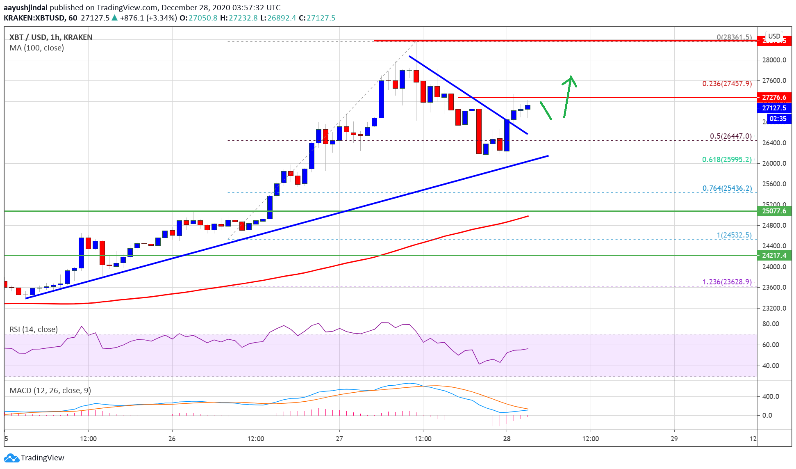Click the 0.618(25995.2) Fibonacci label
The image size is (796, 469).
pyautogui.click(x=727, y=160)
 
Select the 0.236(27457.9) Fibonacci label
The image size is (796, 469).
pyautogui.click(x=727, y=84)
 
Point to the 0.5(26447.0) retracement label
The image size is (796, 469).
pyautogui.click(x=730, y=136)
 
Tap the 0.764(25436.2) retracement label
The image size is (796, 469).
pyautogui.click(x=727, y=188)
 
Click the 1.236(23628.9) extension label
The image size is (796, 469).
pyautogui.click(x=727, y=282)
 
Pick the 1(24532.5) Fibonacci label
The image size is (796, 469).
pyautogui.click(x=734, y=235)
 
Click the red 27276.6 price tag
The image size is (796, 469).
pyautogui.click(x=774, y=97)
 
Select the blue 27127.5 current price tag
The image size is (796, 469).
pyautogui.click(x=774, y=108)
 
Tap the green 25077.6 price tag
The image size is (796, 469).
pyautogui.click(x=774, y=211)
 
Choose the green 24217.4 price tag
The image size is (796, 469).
pyautogui.click(x=774, y=255)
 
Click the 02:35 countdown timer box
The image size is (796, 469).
pyautogui.click(x=778, y=119)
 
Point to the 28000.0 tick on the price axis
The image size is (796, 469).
pyautogui.click(x=774, y=60)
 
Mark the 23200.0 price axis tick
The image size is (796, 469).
pyautogui.click(x=774, y=308)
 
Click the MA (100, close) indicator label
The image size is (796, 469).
pyautogui.click(x=37, y=48)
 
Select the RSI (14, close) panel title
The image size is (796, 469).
pyautogui.click(x=34, y=329)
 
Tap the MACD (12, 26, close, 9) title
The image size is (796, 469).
pyautogui.click(x=50, y=390)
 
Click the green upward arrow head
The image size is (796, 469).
pyautogui.click(x=571, y=78)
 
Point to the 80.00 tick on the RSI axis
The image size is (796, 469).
pyautogui.click(x=771, y=324)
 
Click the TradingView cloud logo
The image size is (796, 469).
pyautogui.click(x=11, y=458)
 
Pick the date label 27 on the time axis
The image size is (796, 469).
pyautogui.click(x=339, y=439)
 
